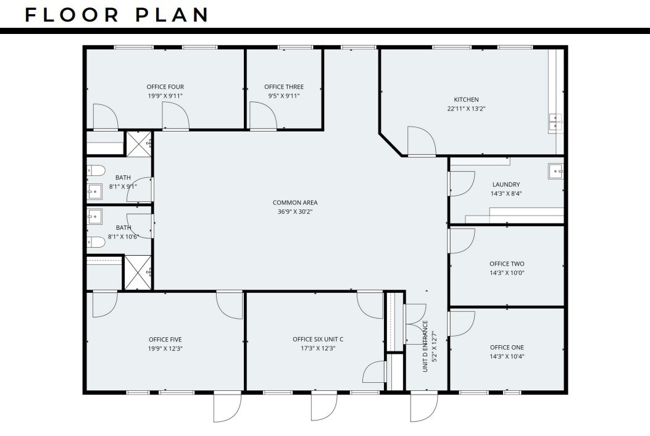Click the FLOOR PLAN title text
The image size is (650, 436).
(117, 15)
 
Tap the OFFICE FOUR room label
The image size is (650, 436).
(165, 87)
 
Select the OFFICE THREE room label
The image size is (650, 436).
(284, 87)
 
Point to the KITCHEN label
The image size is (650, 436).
(466, 99)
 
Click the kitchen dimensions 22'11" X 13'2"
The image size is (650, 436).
(466, 109)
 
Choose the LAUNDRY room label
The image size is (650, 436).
(506, 184)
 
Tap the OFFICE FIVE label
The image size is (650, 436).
(165, 339)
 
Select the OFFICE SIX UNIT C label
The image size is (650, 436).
(318, 339)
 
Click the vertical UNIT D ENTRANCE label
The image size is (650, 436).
(425, 346)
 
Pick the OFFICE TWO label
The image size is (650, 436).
(507, 264)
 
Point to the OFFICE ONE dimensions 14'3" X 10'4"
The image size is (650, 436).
(507, 356)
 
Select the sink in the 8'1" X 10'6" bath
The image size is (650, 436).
(95, 217)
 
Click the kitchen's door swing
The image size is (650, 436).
(422, 141)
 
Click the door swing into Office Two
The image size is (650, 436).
(461, 240)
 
